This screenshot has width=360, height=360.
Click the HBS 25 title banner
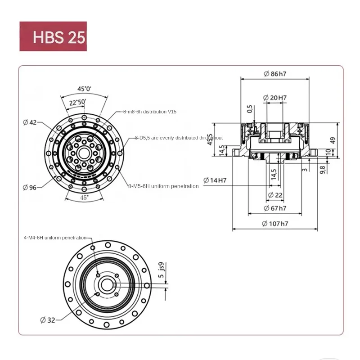pyautogui.click(x=53, y=36)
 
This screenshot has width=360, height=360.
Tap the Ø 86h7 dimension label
pyautogui.click(x=275, y=73)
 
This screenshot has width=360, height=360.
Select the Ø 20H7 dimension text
pyautogui.click(x=275, y=97)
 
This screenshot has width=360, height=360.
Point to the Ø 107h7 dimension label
pyautogui.click(x=275, y=224)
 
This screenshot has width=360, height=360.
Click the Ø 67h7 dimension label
pyautogui.click(x=275, y=208)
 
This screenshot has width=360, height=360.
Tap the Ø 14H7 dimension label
pyautogui.click(x=215, y=180)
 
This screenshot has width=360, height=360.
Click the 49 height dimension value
pyautogui.click(x=333, y=140)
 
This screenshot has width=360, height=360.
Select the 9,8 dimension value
pyautogui.click(x=322, y=170)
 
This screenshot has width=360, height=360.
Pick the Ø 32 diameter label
pyautogui.click(x=47, y=320)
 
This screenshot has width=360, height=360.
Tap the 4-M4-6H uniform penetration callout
pyautogui.click(x=54, y=237)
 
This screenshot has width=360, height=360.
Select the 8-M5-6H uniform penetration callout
pyautogui.click(x=163, y=186)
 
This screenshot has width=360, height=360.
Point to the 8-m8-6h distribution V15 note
pyautogui.click(x=150, y=111)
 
